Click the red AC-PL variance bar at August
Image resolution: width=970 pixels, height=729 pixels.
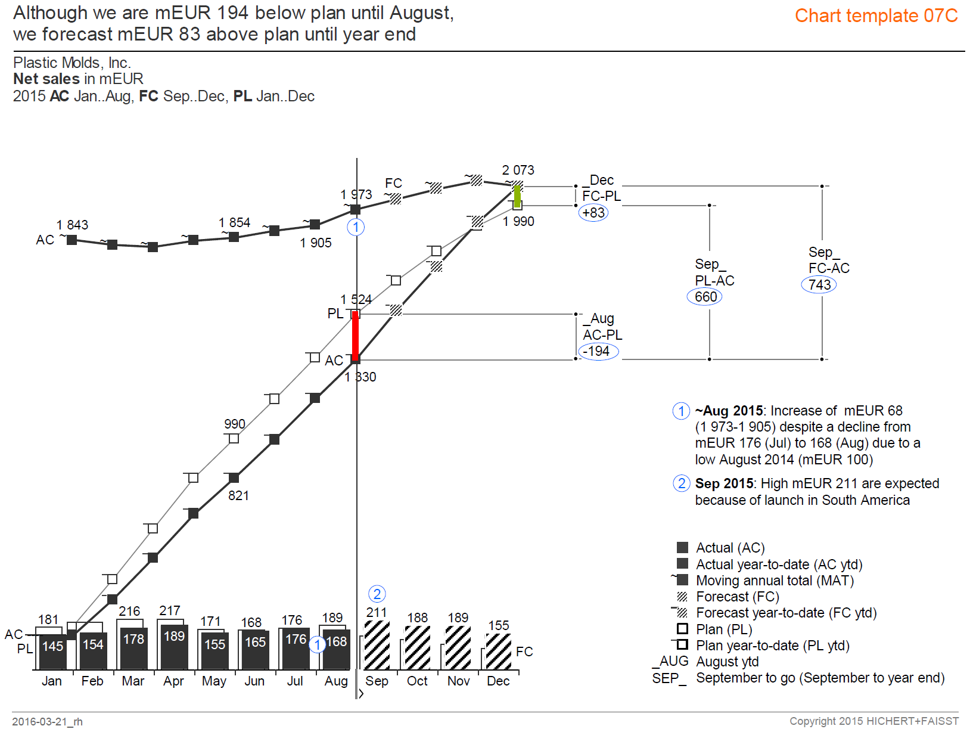[356, 336]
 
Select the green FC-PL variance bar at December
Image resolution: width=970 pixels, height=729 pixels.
[517, 196]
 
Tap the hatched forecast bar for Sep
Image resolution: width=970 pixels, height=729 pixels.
[377, 645]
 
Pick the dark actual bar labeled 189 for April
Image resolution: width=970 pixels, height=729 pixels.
[174, 647]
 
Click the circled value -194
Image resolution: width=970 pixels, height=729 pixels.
[598, 351]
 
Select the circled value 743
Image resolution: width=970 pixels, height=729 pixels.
[819, 285]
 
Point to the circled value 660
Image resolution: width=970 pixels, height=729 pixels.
[705, 297]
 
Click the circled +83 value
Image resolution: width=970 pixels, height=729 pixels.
[593, 213]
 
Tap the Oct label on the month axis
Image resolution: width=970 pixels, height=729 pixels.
[417, 681]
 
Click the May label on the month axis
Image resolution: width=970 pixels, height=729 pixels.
[214, 681]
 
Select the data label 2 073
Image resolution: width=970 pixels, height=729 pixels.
[518, 170]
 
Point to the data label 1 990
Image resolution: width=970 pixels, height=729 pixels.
[518, 222]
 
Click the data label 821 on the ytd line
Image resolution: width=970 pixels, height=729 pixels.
[238, 496]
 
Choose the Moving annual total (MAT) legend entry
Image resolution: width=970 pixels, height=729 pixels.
[775, 581]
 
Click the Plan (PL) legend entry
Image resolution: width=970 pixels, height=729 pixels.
[724, 629]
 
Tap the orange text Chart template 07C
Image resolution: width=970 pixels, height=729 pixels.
[876, 16]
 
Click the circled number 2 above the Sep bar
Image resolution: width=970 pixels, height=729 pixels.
[377, 594]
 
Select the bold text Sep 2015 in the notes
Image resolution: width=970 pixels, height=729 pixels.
[724, 483]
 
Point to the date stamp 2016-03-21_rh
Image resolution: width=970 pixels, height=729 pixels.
[47, 722]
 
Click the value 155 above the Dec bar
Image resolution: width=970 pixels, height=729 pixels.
[499, 625]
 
